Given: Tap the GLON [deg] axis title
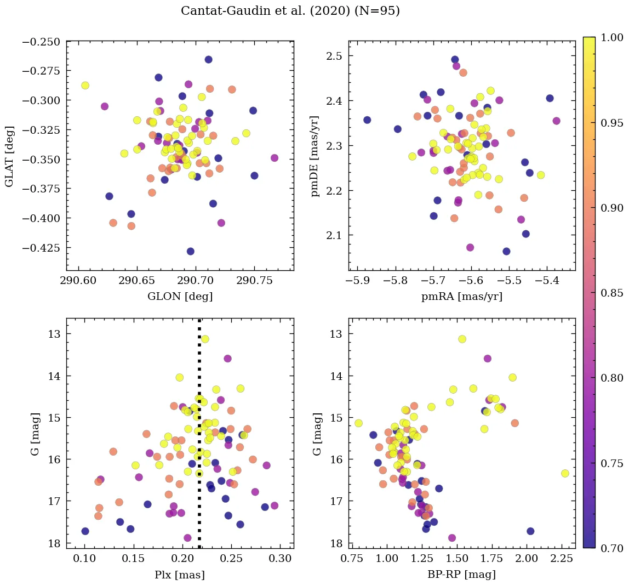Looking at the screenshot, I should click(180, 297).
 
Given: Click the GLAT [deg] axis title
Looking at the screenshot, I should click(9, 155).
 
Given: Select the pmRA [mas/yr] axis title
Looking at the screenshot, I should click(461, 297).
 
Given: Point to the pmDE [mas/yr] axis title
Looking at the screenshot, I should click(314, 156).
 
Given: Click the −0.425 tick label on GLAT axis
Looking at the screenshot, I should click(42, 248).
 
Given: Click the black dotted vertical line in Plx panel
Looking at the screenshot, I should click(199, 384).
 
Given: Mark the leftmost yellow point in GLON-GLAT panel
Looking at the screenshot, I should click(85, 86).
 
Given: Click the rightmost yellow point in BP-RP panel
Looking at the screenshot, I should click(565, 473).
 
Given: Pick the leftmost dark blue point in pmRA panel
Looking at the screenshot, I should click(367, 120).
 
